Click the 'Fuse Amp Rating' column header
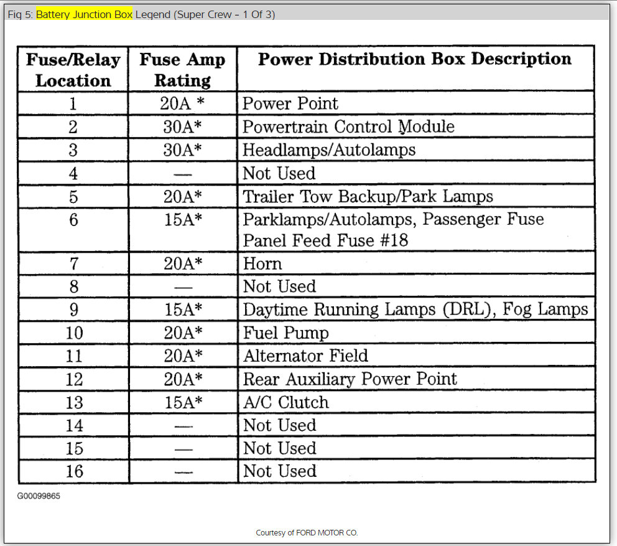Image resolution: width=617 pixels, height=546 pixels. point(182,70)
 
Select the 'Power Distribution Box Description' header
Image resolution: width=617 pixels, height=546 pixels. point(414,59)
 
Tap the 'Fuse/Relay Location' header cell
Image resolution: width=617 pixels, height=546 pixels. point(73,70)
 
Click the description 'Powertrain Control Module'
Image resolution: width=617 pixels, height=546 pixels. point(348,127)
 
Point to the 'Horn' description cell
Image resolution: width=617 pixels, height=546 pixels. point(262,264)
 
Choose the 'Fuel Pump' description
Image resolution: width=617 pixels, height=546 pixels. point(285,333)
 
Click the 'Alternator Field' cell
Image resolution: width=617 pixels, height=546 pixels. point(305,356)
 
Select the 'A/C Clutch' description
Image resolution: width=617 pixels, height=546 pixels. point(285,402)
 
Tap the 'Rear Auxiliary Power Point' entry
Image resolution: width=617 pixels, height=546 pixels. point(350,379)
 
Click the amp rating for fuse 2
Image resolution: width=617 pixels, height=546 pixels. point(183,127)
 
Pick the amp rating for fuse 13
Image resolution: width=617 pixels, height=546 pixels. point(183,402)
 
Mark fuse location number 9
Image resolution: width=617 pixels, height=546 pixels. point(73,310)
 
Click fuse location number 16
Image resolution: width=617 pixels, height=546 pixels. point(73,471)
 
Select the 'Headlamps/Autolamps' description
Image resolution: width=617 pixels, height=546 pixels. point(329,150)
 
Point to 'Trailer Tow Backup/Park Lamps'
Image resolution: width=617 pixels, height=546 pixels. point(368,197)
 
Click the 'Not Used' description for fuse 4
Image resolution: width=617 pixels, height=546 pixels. point(279,173)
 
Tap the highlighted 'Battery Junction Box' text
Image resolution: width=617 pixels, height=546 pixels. point(84,14)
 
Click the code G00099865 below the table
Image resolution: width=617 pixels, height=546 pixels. point(39,496)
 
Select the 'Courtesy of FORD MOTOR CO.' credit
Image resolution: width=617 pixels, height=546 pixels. point(307,533)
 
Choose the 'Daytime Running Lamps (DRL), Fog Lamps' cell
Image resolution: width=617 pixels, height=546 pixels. point(415,310)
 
